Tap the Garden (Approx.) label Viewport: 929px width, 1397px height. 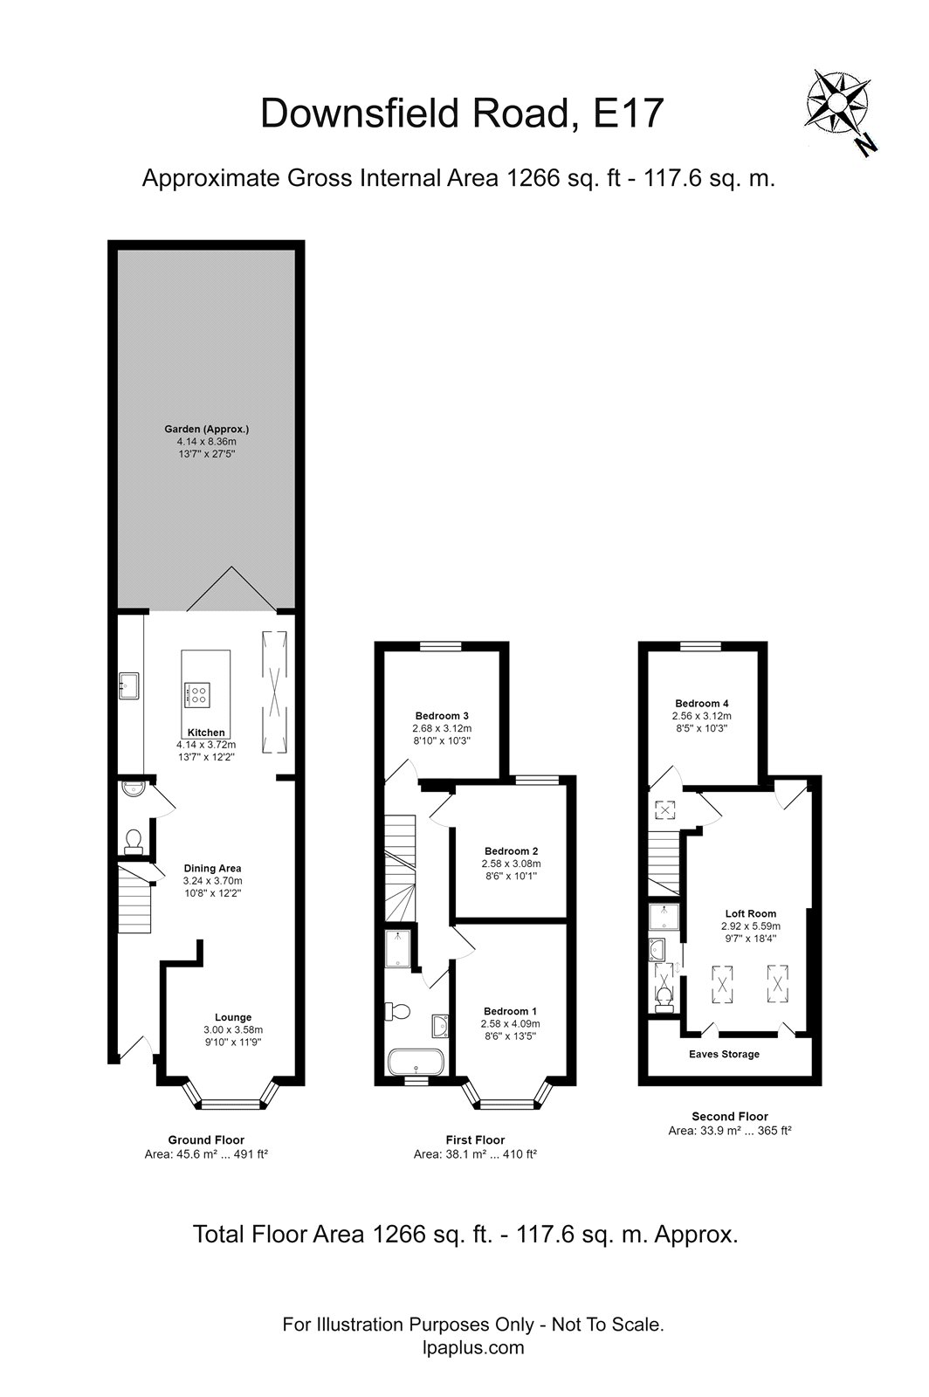(207, 429)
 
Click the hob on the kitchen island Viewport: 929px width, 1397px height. (198, 695)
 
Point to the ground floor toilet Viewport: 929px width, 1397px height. (133, 842)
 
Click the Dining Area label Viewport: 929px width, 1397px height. (212, 868)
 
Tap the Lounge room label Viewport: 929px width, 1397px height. (233, 1016)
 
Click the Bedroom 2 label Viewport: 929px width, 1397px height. (511, 850)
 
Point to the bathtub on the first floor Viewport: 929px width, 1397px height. (416, 1063)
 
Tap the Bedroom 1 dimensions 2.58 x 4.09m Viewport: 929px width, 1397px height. (511, 1023)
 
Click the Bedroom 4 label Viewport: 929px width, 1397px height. (702, 703)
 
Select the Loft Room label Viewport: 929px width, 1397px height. (750, 913)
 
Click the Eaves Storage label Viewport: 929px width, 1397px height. (724, 1054)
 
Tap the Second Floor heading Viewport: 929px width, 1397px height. (729, 1116)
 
